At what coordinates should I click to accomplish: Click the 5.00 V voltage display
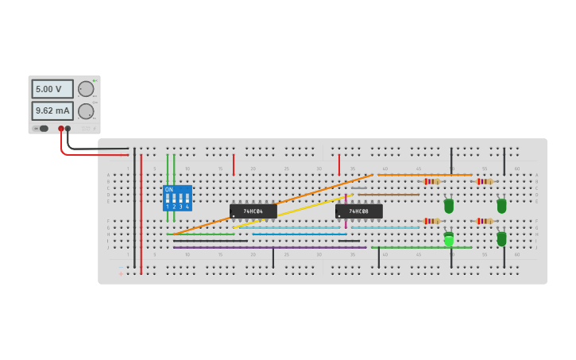(x=52, y=89)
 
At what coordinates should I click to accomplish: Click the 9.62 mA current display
(x=52, y=110)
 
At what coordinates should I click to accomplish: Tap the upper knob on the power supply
(x=86, y=89)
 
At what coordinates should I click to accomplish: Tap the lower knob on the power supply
(x=86, y=110)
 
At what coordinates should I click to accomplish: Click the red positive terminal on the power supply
(x=61, y=128)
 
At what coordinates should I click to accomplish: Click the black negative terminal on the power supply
(x=68, y=128)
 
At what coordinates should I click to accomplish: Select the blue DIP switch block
(x=177, y=199)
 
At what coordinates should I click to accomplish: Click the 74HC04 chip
(x=253, y=211)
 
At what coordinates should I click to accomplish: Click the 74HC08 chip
(x=358, y=211)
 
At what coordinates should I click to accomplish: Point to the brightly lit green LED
(x=449, y=239)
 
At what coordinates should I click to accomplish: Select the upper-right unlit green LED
(x=501, y=206)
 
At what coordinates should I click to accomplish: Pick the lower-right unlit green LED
(x=501, y=238)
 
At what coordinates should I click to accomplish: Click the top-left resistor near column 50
(x=431, y=181)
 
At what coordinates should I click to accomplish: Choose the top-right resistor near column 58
(x=484, y=181)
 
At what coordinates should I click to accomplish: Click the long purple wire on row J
(x=270, y=247)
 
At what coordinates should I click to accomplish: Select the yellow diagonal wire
(x=294, y=210)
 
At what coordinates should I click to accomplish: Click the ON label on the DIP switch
(x=168, y=190)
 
